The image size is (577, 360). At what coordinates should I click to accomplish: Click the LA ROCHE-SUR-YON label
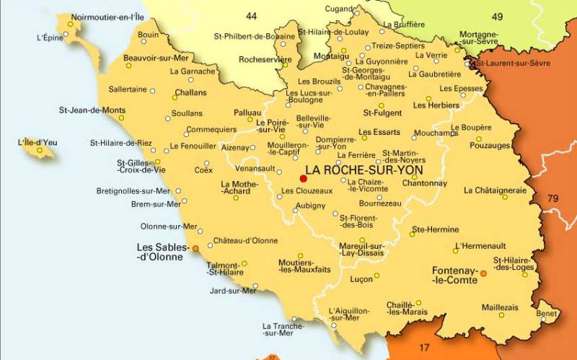pos(364,170)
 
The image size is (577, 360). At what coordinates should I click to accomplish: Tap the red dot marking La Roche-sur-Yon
pos(303,178)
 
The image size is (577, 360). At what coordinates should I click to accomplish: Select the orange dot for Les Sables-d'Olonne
pos(195,248)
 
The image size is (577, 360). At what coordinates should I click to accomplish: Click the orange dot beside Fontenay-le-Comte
pos(483,273)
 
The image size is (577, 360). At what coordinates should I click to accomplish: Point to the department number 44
pos(251,15)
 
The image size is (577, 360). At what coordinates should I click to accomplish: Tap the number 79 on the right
pos(552,198)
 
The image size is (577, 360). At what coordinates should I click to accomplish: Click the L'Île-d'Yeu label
pos(38,142)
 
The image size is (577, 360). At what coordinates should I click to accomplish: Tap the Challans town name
pos(190,92)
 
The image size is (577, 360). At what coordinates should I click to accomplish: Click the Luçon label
pos(361,278)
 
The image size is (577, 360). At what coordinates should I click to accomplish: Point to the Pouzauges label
pos(490,145)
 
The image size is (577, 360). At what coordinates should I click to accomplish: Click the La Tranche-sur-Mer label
pos(278,329)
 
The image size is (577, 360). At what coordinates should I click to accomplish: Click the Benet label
pos(547,314)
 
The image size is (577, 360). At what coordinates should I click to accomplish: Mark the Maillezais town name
pos(500,307)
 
